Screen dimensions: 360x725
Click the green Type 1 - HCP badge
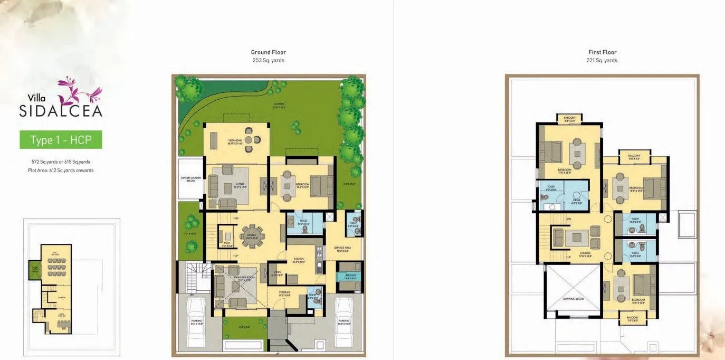click(x=61, y=140)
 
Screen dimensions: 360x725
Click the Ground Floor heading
click(x=268, y=52)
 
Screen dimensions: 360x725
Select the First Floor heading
click(x=602, y=52)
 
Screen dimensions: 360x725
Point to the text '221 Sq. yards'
click(x=602, y=60)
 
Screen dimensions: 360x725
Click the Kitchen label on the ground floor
click(x=299, y=259)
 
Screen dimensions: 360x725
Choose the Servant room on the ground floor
click(x=350, y=276)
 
